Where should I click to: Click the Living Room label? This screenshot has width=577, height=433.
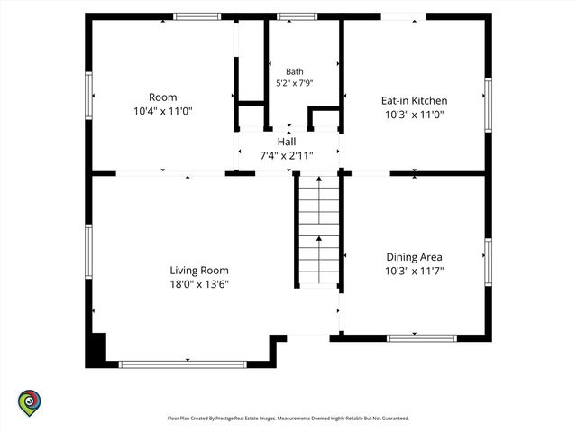pyautogui.click(x=199, y=271)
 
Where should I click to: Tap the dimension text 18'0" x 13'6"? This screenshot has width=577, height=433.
pyautogui.click(x=199, y=284)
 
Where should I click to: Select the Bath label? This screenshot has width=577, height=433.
pyautogui.click(x=295, y=71)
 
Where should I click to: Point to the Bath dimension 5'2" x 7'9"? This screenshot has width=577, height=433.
pyautogui.click(x=295, y=83)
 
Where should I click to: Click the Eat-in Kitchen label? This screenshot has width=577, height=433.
pyautogui.click(x=415, y=100)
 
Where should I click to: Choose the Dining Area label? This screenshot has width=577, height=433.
pyautogui.click(x=415, y=257)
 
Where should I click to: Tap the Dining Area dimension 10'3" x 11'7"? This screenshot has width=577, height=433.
pyautogui.click(x=415, y=271)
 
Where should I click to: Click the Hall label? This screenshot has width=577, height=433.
pyautogui.click(x=287, y=142)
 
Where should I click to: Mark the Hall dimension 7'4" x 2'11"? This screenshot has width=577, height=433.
pyautogui.click(x=287, y=156)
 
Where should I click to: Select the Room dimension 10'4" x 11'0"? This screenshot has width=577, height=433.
pyautogui.click(x=163, y=111)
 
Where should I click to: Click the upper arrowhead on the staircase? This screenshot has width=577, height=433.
pyautogui.click(x=319, y=179)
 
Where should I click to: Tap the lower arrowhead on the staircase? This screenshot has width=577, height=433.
pyautogui.click(x=319, y=238)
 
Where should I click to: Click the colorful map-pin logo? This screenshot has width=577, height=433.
pyautogui.click(x=30, y=403)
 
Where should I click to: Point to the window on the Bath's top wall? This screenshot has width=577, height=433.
pyautogui.click(x=297, y=16)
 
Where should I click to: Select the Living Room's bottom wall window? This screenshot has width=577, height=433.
pyautogui.click(x=182, y=364)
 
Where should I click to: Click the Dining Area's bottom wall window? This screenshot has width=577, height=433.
pyautogui.click(x=422, y=338)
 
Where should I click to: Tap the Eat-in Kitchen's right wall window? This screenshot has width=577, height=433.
pyautogui.click(x=488, y=105)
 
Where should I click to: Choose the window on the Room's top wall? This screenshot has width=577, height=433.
pyautogui.click(x=197, y=16)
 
